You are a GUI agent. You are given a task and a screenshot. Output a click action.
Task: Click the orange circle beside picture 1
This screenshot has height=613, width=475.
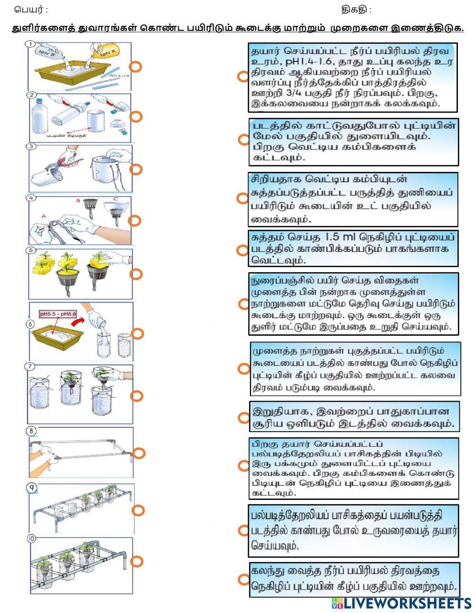(136, 67)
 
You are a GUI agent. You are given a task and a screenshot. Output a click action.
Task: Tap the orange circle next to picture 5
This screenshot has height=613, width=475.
(136, 274)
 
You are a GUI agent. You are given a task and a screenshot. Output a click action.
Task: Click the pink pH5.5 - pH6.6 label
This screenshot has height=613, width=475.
(58, 314)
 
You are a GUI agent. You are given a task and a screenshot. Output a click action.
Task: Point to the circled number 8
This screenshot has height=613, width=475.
(31, 431)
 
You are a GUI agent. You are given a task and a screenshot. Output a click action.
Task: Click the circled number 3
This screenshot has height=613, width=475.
(31, 147)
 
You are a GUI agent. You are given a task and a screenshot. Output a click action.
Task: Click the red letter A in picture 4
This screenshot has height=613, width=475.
(44, 216)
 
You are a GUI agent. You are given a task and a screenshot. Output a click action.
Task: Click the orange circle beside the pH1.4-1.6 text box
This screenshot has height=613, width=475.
(243, 76)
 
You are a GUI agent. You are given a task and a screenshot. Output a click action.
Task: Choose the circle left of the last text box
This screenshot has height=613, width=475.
(244, 579)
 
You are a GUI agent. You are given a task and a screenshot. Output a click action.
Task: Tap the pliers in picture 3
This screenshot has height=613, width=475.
(64, 165)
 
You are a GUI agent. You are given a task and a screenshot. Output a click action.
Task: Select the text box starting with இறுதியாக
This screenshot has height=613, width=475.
(354, 417)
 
